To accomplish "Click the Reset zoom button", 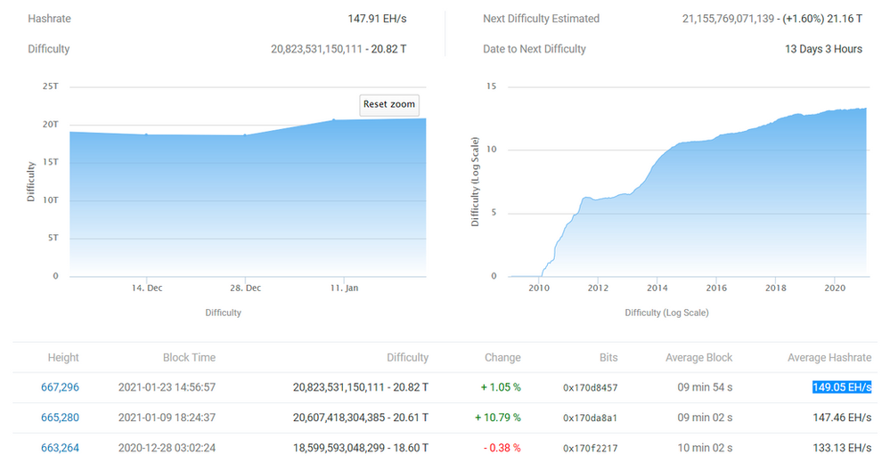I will [x=389, y=104].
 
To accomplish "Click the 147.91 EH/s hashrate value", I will [x=377, y=19].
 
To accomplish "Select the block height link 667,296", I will [x=60, y=387].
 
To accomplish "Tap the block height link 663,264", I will [x=60, y=448].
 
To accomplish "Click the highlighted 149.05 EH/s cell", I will [x=841, y=387].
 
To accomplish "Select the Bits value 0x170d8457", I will [x=590, y=388].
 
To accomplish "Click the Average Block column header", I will [x=698, y=357].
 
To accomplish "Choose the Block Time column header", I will [x=189, y=357].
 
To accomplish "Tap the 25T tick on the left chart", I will [x=51, y=86].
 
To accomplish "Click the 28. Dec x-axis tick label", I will [x=246, y=288].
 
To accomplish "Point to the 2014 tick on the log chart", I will [x=657, y=288].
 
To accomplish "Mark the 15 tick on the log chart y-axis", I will [x=490, y=86].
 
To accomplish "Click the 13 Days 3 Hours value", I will [x=823, y=49].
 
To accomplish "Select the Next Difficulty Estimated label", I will [x=541, y=19].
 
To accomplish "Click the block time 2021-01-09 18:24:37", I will [x=167, y=418].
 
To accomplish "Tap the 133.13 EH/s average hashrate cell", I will [x=841, y=448].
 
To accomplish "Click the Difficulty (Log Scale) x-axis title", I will [x=666, y=313].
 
